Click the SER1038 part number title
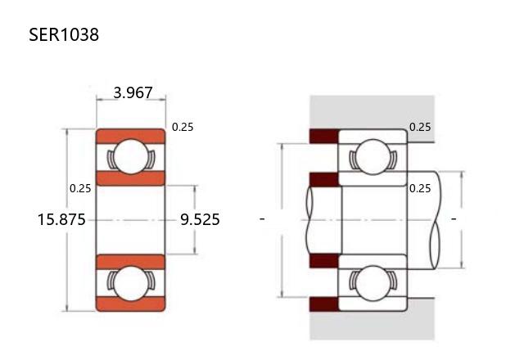(64, 34)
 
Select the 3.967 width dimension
(133, 92)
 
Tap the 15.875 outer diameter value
(61, 220)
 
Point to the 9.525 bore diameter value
(200, 220)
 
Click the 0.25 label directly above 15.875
(80, 188)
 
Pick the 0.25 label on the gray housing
(420, 127)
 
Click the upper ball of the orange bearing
(131, 156)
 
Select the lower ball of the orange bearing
(131, 283)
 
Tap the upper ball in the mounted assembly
(373, 156)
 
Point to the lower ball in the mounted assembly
(373, 283)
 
